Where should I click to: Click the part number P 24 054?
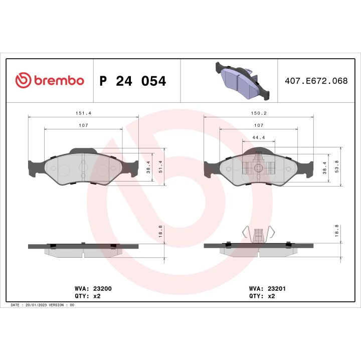pyautogui.click(x=133, y=81)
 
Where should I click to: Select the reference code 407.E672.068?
pyautogui.click(x=316, y=80)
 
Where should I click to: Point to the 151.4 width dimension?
pyautogui.click(x=83, y=113)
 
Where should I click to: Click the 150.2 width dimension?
pyautogui.click(x=259, y=113)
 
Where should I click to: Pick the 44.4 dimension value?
pyautogui.click(x=259, y=137)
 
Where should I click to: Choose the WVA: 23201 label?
pyautogui.click(x=267, y=289)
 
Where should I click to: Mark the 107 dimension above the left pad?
pyautogui.click(x=83, y=125)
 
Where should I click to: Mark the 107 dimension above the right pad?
pyautogui.click(x=259, y=125)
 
